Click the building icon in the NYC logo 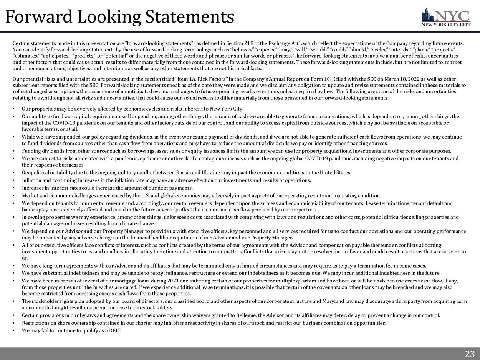coord(427,15)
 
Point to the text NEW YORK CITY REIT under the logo coord(445,26)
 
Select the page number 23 coord(470,354)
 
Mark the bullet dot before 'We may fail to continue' coord(14,330)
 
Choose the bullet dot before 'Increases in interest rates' coord(14,188)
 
